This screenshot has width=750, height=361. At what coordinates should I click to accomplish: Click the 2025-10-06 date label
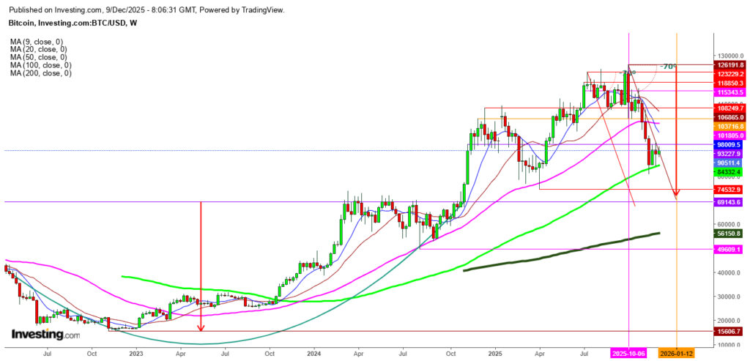630,353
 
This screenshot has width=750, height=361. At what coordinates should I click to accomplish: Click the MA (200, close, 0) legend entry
40,73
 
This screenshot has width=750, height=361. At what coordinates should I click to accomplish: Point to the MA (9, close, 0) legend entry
36,41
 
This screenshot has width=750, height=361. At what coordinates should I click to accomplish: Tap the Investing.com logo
45,334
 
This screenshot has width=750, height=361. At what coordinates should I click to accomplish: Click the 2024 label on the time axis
313,353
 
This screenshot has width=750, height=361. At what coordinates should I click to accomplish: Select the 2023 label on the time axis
136,353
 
